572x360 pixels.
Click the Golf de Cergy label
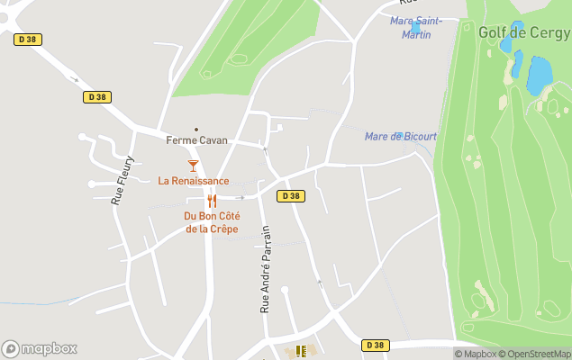[x=523, y=32]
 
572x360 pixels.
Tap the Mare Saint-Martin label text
[x=415, y=28]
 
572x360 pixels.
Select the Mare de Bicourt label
[x=400, y=137]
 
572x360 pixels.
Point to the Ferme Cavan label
[x=196, y=140]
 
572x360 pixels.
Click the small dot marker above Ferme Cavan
[x=196, y=129]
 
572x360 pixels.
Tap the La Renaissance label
[x=193, y=181]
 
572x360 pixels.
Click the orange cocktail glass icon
[x=193, y=166]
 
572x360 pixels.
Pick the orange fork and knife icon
[x=212, y=201]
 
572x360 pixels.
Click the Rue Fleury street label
[x=123, y=181]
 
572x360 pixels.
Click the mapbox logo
[x=40, y=349]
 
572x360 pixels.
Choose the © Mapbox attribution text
[x=475, y=354]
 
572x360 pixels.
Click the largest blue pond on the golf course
[x=539, y=76]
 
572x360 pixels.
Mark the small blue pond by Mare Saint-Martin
[x=415, y=28]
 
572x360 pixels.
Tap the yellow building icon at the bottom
[x=301, y=351]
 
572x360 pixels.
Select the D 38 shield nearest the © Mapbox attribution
[x=376, y=346]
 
